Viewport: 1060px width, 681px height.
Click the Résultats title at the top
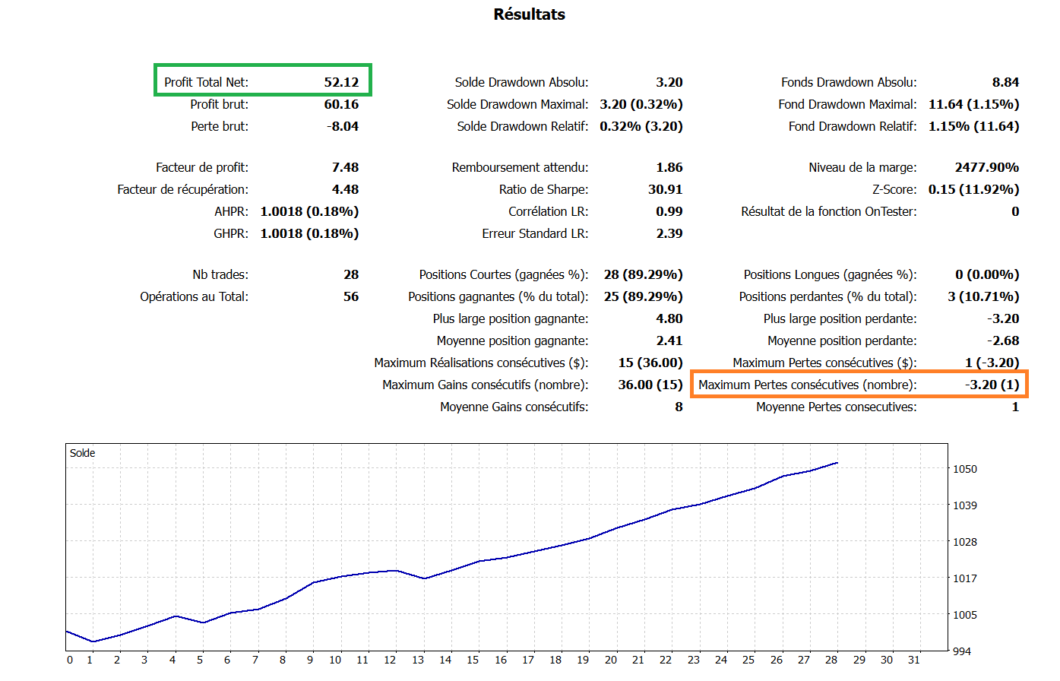point(529,14)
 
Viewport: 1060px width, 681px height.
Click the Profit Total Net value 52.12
point(341,82)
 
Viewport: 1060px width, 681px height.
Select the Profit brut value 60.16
point(341,104)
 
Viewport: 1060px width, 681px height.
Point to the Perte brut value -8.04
point(343,126)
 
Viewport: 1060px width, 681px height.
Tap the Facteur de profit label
point(201,167)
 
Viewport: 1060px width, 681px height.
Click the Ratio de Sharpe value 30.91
point(665,189)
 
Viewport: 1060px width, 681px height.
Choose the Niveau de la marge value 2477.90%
point(986,167)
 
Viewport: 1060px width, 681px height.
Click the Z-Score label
point(894,189)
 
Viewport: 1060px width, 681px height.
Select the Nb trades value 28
point(351,274)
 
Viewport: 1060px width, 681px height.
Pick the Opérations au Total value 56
point(351,296)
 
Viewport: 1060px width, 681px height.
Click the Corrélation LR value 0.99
point(669,211)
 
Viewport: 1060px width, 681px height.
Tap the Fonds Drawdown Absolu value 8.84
point(1005,82)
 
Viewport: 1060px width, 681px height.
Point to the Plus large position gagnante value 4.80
point(669,318)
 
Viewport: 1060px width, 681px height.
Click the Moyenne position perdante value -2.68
point(1003,340)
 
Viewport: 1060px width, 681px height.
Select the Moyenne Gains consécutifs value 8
point(679,407)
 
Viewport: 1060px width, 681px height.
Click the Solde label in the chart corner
point(82,453)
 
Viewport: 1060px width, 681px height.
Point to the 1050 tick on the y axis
point(965,469)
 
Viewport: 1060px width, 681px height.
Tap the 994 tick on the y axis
point(962,651)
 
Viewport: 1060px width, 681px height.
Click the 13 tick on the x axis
point(418,660)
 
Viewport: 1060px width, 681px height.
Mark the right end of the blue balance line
point(837,463)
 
